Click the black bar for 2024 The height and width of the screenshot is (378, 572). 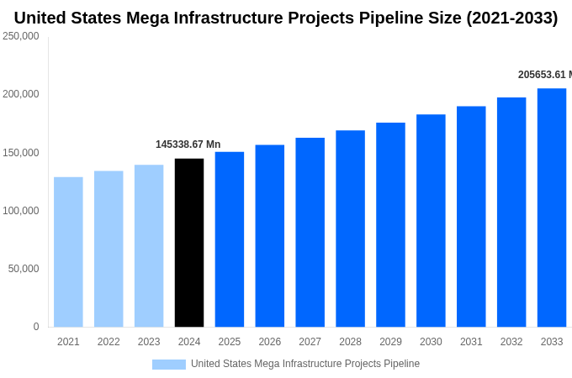[x=189, y=243]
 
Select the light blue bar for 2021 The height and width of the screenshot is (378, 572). [x=68, y=252]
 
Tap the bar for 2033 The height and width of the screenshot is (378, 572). [x=552, y=207]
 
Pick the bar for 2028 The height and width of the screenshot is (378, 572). [x=350, y=228]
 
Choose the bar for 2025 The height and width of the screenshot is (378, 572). [x=230, y=239]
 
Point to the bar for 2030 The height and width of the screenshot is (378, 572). [x=431, y=221]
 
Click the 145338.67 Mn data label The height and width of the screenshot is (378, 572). [x=188, y=144]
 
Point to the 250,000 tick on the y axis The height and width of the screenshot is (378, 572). [x=21, y=36]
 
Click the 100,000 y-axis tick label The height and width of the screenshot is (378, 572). [x=21, y=211]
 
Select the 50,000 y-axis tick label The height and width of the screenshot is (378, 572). [x=24, y=269]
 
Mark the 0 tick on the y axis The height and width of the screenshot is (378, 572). [x=36, y=327]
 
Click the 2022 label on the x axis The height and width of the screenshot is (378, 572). [x=109, y=342]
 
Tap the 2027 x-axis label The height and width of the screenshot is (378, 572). [x=310, y=342]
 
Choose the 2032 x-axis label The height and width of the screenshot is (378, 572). [x=511, y=342]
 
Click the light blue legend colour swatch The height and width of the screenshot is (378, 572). [x=168, y=365]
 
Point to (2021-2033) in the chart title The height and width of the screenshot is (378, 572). [x=511, y=18]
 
